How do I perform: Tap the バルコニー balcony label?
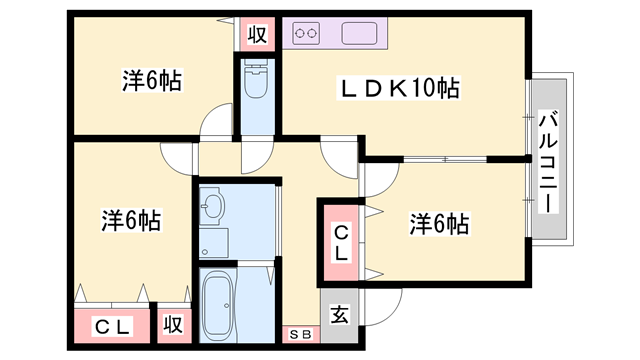click(x=548, y=159)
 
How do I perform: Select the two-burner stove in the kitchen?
click(x=306, y=34)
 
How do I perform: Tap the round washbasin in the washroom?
click(x=214, y=210)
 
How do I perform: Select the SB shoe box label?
click(x=300, y=334)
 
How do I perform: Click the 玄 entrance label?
click(x=339, y=315)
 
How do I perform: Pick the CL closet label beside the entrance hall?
click(x=341, y=243)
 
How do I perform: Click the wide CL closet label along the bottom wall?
click(x=113, y=325)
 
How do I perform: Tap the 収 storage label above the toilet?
click(x=256, y=35)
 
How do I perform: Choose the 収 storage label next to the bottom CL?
click(x=172, y=325)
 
